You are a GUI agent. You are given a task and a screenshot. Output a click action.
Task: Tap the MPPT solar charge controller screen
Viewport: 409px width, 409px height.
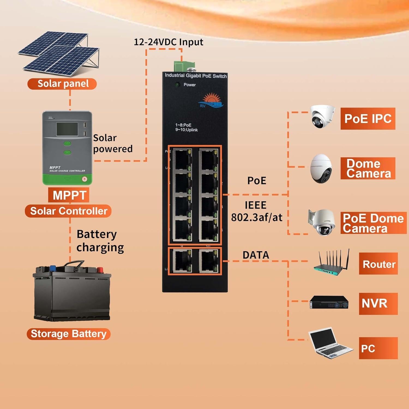pos(67,129)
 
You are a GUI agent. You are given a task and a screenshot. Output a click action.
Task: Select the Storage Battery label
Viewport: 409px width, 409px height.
pos(68,334)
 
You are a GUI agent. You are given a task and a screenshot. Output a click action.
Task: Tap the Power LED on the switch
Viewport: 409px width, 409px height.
pos(177,85)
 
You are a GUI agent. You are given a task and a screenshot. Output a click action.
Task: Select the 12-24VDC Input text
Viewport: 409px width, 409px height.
pos(168,42)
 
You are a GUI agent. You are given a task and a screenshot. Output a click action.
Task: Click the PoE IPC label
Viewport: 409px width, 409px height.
pos(368,119)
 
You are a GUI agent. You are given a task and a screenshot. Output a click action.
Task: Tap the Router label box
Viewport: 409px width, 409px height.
pos(378,264)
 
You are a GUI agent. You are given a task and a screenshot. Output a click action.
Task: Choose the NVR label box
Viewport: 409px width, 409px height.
pos(378,303)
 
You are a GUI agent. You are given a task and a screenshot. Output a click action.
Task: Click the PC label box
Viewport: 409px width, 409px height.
pos(378,348)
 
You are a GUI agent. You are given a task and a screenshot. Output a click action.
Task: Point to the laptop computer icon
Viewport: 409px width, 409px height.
pos(330,343)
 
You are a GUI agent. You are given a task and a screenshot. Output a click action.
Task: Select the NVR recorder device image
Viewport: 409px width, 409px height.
pos(329,302)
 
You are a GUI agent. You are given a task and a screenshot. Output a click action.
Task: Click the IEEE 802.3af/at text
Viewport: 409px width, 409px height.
pos(256,211)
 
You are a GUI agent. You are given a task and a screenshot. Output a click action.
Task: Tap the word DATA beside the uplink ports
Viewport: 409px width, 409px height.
pos(256,255)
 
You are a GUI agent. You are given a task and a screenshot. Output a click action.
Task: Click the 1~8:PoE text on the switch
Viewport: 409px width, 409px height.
pos(183,125)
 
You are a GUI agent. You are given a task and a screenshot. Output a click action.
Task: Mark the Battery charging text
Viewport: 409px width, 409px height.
pos(100,241)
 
